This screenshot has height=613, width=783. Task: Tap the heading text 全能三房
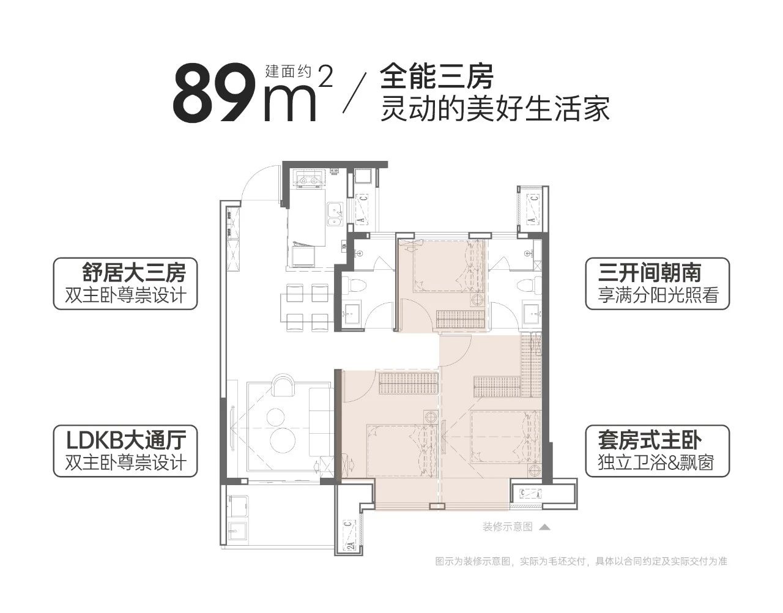pyautogui.click(x=437, y=76)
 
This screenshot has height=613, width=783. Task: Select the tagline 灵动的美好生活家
pyautogui.click(x=495, y=108)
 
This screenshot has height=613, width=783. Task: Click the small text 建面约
pyautogui.click(x=288, y=71)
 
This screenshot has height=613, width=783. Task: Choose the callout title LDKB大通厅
pyautogui.click(x=127, y=440)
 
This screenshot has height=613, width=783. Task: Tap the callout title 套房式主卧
pyautogui.click(x=650, y=440)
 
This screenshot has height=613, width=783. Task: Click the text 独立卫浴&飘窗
pyautogui.click(x=656, y=463)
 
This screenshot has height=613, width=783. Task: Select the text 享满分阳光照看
pyautogui.click(x=658, y=295)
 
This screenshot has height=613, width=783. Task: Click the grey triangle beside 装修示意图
pyautogui.click(x=544, y=527)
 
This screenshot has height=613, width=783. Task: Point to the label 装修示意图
pyautogui.click(x=507, y=527)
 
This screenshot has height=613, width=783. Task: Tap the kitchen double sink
pyautogui.click(x=335, y=215)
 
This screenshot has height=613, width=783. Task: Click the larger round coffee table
pyautogui.click(x=283, y=440)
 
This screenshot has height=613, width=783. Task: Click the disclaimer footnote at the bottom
pyautogui.click(x=581, y=561)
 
